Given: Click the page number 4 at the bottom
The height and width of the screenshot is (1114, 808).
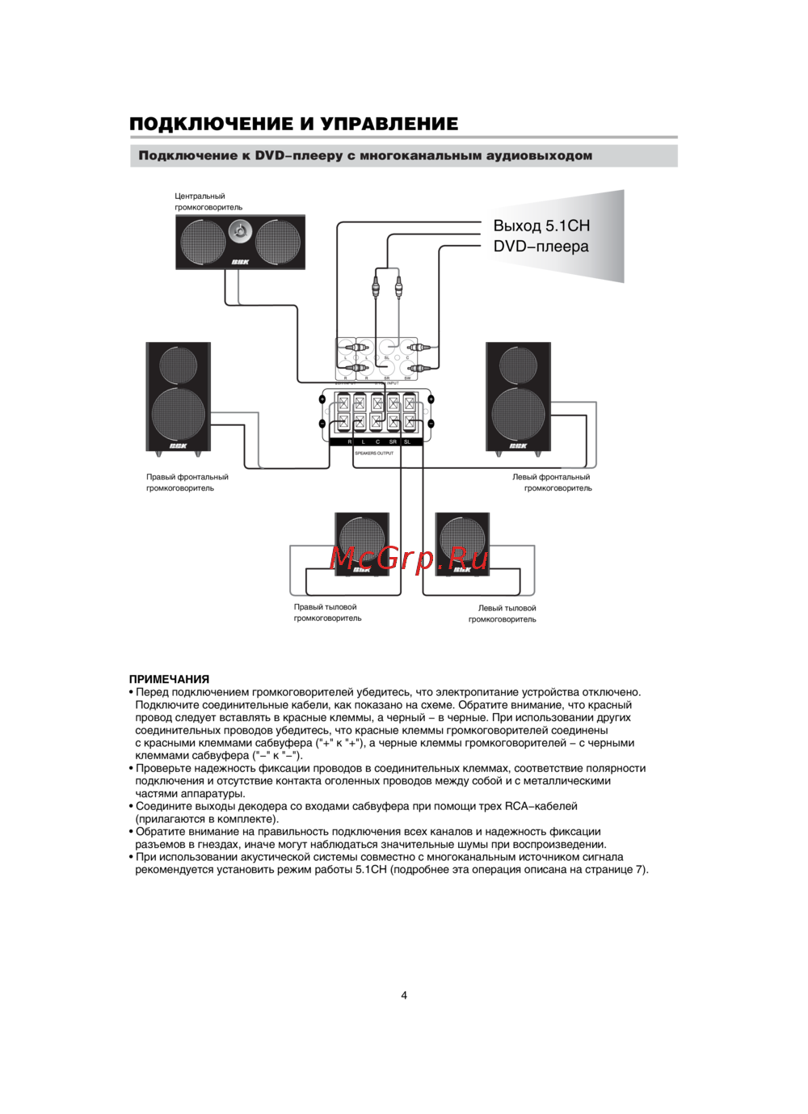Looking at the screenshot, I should click(x=404, y=995).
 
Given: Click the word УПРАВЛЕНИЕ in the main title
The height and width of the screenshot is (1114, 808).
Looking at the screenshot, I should click(x=389, y=124).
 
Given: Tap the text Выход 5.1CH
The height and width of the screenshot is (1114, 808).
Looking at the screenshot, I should click(x=541, y=226).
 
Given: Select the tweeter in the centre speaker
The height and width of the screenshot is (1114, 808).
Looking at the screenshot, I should click(x=240, y=232).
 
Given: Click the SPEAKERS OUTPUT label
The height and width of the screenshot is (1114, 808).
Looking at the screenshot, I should click(x=374, y=454).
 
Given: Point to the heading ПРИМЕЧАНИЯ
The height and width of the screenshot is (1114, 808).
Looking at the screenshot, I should click(x=169, y=679).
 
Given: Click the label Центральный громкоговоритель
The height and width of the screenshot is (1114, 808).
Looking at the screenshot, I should click(x=208, y=201).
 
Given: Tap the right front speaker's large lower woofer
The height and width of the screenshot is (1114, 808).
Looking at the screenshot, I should click(x=179, y=414).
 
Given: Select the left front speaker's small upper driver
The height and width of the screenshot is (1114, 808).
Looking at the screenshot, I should click(x=518, y=365).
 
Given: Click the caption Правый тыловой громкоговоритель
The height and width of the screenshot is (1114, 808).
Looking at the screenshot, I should click(x=327, y=613).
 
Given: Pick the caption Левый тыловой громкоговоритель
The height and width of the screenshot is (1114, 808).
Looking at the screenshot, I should click(x=503, y=614).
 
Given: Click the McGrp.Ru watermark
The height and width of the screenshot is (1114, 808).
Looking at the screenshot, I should click(x=409, y=558).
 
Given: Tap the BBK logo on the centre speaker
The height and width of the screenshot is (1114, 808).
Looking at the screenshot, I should click(x=240, y=261).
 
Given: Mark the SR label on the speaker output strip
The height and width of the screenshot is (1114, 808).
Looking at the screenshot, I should click(x=393, y=442).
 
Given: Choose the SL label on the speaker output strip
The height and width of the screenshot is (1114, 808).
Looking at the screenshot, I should click(x=407, y=442).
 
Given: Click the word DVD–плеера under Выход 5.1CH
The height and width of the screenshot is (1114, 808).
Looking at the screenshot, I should click(x=541, y=247).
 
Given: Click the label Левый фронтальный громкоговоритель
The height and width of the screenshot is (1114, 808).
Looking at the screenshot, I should click(x=552, y=483).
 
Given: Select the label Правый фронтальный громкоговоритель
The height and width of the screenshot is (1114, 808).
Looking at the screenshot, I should click(x=187, y=483).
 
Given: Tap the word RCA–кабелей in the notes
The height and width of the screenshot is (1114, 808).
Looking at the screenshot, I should click(x=541, y=806).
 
